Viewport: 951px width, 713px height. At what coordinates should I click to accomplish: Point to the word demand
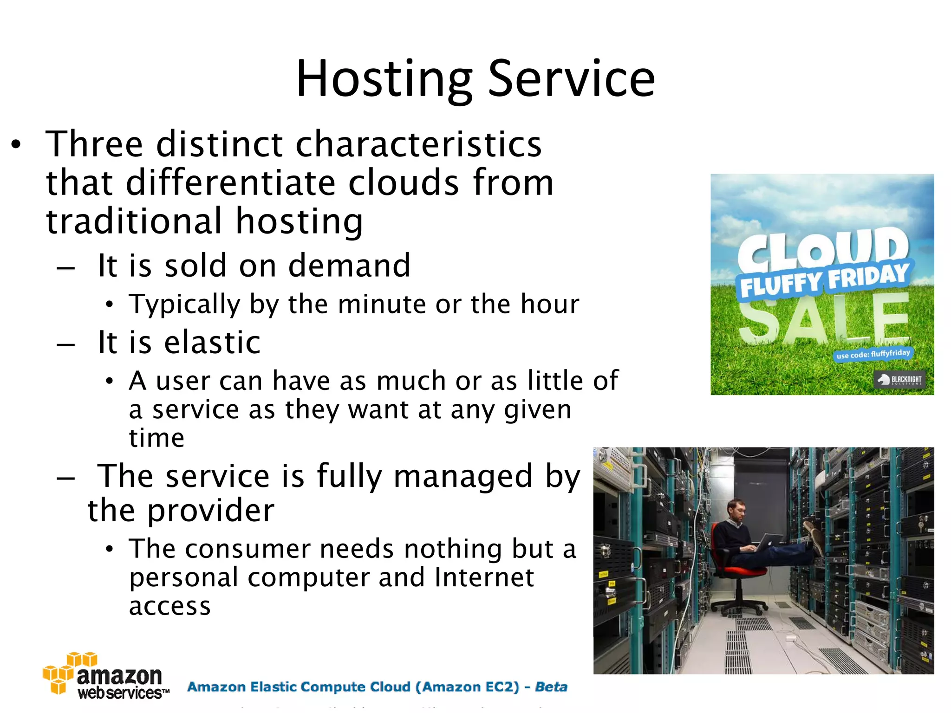[349, 266]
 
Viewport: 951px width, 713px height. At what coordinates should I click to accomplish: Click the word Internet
[484, 577]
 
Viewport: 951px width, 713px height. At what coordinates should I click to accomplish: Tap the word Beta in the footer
[551, 687]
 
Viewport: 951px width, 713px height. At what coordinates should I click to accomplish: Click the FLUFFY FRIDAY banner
[824, 280]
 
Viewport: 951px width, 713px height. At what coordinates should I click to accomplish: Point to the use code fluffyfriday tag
[873, 354]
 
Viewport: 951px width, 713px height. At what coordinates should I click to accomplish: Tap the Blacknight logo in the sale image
[899, 380]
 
